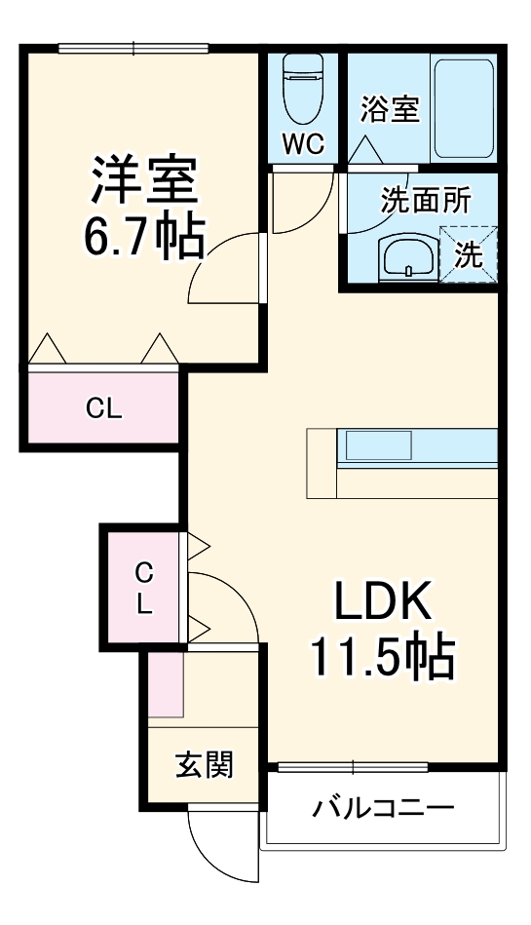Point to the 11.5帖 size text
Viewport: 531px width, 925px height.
tap(383, 660)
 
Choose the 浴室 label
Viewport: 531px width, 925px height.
tap(390, 109)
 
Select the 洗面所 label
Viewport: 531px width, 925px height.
tap(425, 200)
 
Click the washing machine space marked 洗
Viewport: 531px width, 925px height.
tap(468, 254)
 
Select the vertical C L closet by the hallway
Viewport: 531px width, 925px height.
tap(144, 587)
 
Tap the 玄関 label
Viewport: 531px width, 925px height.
tap(205, 765)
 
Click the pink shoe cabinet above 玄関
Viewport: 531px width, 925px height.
tap(167, 684)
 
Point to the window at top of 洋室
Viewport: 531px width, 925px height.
tap(133, 47)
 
